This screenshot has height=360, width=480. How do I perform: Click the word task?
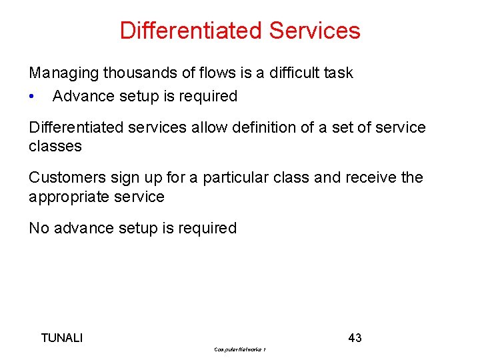(339, 73)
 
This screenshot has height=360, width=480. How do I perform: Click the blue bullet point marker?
(32, 97)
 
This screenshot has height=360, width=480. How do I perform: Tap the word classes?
(55, 146)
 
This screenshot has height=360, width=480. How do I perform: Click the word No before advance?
(39, 229)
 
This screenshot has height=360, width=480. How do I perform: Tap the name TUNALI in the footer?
(62, 338)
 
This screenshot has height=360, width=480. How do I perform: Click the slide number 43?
(355, 338)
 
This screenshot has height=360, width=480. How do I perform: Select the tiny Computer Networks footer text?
(240, 349)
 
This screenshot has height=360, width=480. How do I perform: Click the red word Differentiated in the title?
(191, 31)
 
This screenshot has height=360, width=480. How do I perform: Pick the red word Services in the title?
(315, 31)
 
